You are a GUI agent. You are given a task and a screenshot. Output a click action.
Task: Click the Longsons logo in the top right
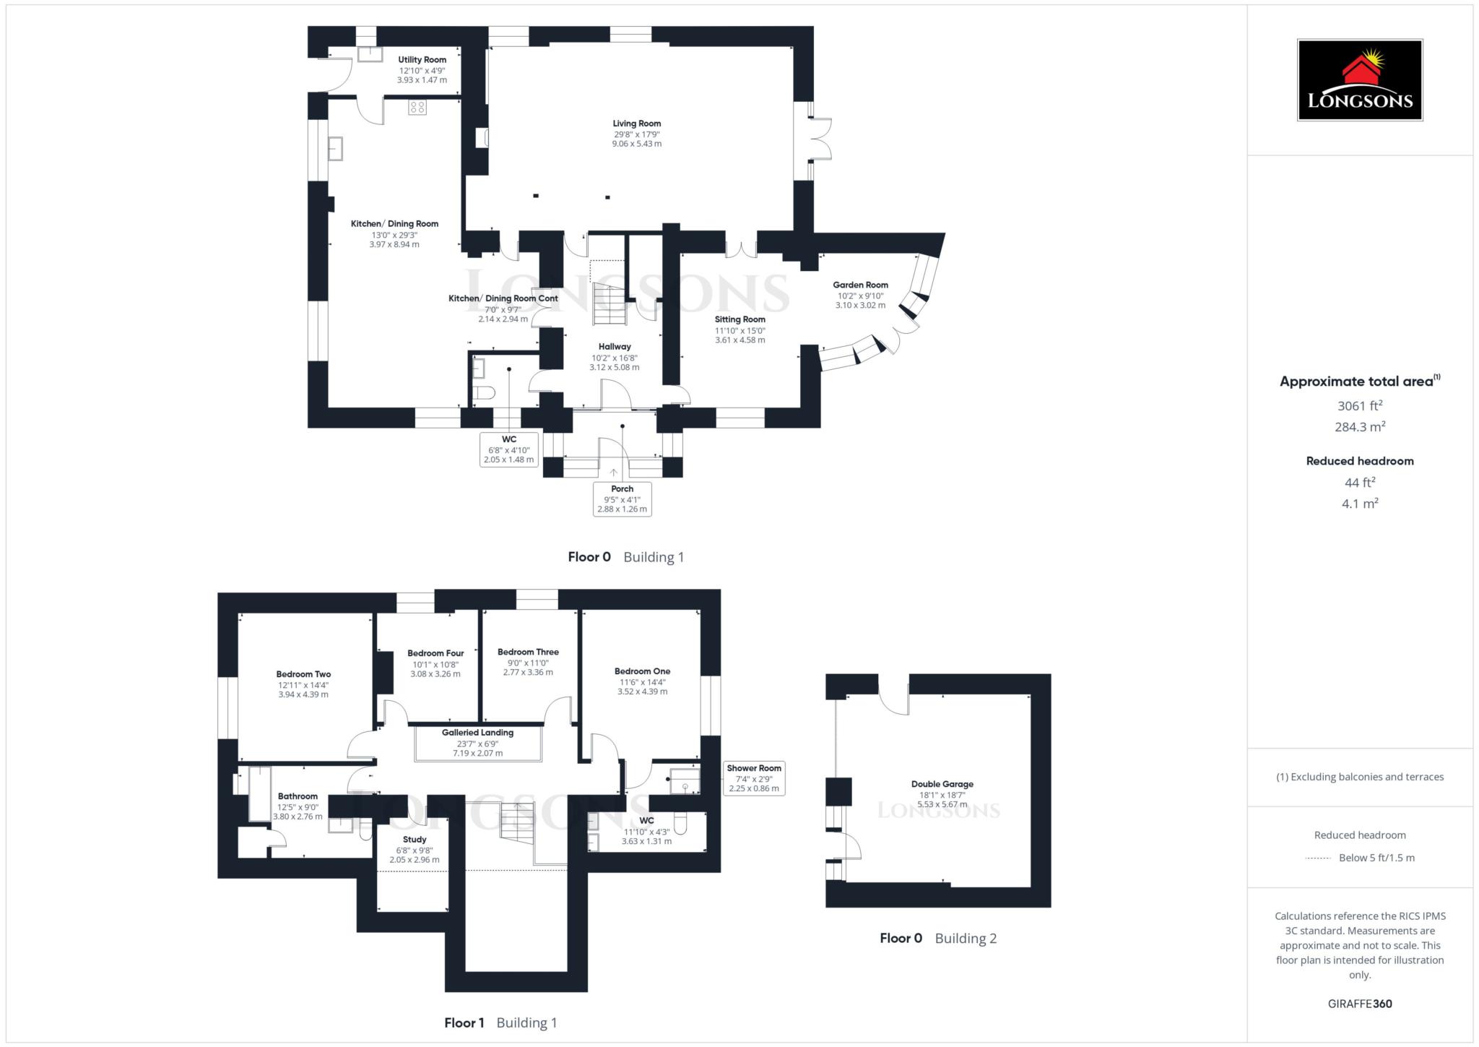[1359, 79]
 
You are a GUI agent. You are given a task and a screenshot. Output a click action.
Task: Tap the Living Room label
[636, 124]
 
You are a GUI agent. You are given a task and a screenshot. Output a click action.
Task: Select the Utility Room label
[422, 60]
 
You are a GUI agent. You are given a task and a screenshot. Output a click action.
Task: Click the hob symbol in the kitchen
[417, 108]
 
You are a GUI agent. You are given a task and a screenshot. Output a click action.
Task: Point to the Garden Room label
[860, 285]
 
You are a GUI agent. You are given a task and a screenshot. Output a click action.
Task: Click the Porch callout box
[622, 499]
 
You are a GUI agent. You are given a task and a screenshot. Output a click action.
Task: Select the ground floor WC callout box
[508, 449]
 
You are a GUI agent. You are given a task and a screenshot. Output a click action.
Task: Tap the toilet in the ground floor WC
[482, 393]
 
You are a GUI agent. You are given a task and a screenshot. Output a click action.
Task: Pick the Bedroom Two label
[303, 674]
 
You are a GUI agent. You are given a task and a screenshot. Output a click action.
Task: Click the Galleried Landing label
[477, 733]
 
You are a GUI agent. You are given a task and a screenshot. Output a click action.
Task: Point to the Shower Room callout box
[754, 778]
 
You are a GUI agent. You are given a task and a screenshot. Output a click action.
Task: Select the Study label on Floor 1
[415, 840]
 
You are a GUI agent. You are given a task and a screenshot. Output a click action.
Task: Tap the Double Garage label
[942, 784]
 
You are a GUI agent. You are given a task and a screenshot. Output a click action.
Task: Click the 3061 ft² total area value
[1359, 406]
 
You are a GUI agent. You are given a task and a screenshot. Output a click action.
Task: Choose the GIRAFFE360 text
[1359, 1004]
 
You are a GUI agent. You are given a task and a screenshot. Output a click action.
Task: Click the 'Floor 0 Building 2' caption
[937, 939]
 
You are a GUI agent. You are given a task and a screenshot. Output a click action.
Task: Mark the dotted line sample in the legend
[1318, 858]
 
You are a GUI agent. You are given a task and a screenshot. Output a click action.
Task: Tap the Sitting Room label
[739, 319]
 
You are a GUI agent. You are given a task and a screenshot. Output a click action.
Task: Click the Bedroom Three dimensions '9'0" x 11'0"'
[528, 663]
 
